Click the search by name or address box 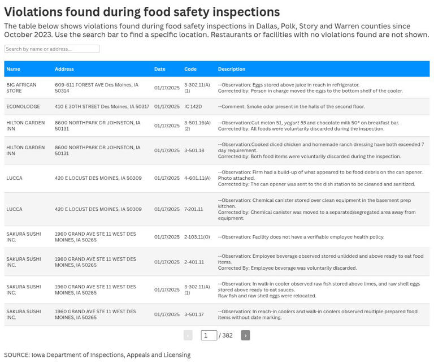tap(51, 49)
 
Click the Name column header tap(13, 69)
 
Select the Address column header tap(64, 69)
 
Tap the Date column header tap(160, 69)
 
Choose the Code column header tap(190, 69)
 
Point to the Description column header tap(232, 69)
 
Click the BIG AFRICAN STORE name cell tap(21, 88)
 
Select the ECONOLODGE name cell tap(23, 106)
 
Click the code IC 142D tap(193, 106)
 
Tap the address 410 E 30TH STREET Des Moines tap(102, 106)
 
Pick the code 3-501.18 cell tap(194, 150)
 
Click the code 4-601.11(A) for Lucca tap(197, 178)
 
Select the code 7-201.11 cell tap(193, 209)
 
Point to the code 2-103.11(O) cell tap(197, 237)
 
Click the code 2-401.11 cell tap(194, 262)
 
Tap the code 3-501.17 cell tap(194, 314)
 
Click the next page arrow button tap(245, 335)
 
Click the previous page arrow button tap(188, 335)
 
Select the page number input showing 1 tap(209, 335)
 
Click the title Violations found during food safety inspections tap(142, 12)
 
